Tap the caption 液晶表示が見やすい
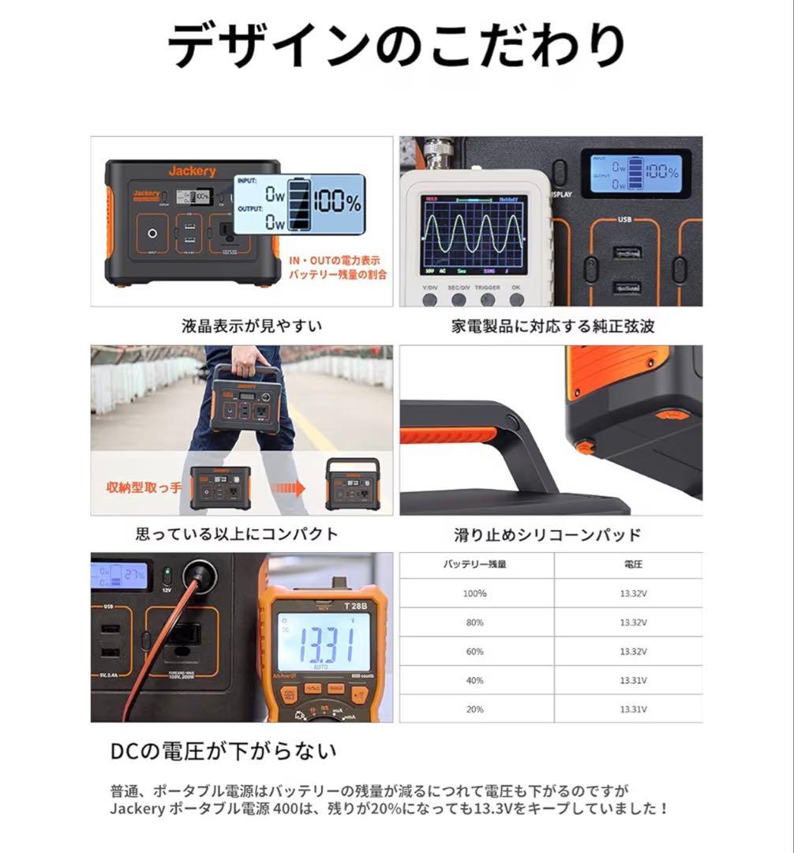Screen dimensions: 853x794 click(241, 325)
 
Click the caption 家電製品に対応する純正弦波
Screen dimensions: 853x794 click(552, 325)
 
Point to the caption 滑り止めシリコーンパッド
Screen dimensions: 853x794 click(547, 535)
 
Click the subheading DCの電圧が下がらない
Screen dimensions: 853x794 click(223, 750)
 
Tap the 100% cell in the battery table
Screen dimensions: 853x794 click(475, 593)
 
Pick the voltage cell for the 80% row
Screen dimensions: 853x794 click(634, 622)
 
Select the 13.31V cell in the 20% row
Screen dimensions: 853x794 click(634, 709)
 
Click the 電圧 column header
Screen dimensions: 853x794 click(633, 565)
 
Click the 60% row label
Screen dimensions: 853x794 click(475, 651)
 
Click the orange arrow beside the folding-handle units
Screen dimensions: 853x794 click(289, 489)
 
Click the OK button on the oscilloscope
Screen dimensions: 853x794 click(517, 299)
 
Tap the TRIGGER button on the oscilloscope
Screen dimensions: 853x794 click(488, 299)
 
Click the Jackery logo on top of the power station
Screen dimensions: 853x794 click(192, 171)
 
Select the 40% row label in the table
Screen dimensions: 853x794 click(475, 680)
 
